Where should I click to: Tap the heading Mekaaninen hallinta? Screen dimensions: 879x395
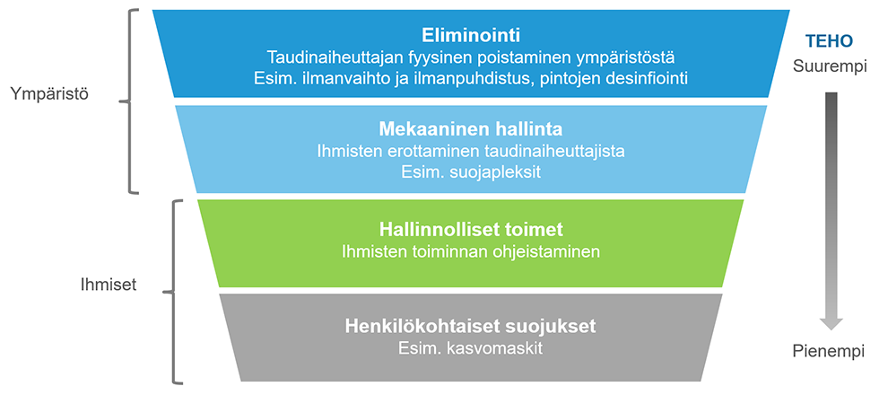(471, 129)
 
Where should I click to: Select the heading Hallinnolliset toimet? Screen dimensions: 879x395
(471, 230)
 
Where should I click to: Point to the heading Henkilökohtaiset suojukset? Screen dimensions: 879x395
(471, 326)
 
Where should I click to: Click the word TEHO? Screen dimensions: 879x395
(829, 41)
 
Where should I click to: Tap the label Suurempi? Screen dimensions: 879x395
(829, 66)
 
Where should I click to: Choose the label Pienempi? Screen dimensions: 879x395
(829, 352)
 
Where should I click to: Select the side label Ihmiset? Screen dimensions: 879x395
(109, 285)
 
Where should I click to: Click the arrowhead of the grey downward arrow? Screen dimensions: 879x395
(831, 324)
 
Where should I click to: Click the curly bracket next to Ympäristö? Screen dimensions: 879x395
(130, 102)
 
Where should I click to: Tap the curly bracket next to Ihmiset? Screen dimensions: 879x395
(173, 292)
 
